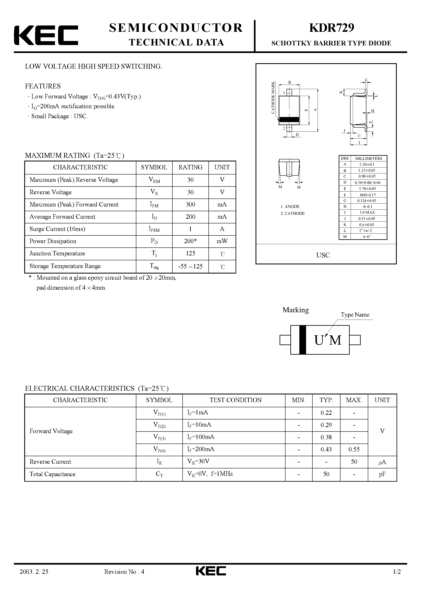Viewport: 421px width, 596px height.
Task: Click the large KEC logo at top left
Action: tap(46, 35)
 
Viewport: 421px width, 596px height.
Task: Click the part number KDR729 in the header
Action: tap(332, 28)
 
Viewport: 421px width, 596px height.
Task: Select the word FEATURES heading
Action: tap(43, 86)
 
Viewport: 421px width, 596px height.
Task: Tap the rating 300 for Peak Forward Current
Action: tap(190, 205)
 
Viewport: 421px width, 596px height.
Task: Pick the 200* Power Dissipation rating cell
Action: tap(190, 241)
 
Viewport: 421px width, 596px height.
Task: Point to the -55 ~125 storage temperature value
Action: tap(190, 266)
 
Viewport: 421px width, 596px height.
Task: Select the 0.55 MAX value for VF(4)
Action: tap(354, 449)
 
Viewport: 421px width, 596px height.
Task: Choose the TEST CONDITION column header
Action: tap(235, 400)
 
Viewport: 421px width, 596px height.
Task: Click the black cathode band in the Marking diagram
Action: tap(302, 340)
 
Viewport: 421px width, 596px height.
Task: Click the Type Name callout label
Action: tap(355, 315)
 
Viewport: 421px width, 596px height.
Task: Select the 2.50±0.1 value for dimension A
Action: tap(367, 164)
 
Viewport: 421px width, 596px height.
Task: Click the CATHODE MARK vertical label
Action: tap(273, 98)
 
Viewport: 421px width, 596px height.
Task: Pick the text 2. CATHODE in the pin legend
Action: tap(293, 213)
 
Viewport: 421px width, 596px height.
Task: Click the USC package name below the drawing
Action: tap(323, 255)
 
